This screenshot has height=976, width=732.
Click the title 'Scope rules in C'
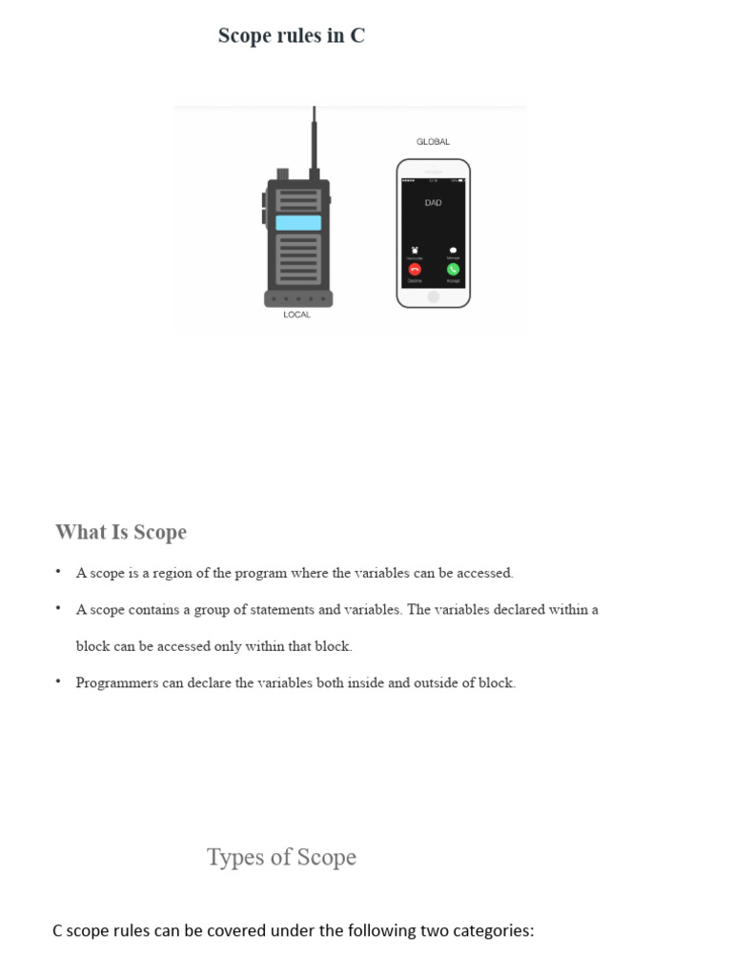click(291, 36)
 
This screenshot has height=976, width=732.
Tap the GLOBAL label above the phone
click(433, 142)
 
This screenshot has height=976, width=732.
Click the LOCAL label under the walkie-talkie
click(296, 315)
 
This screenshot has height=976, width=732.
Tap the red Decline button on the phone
click(415, 270)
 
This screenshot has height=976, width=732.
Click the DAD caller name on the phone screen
click(433, 203)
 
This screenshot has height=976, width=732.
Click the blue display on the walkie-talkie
click(298, 223)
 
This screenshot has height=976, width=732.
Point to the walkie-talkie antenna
click(314, 138)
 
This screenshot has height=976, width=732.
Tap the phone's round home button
click(433, 296)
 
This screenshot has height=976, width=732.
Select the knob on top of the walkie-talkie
click(283, 173)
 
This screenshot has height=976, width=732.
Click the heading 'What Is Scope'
click(121, 532)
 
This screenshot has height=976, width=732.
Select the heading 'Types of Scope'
click(281, 857)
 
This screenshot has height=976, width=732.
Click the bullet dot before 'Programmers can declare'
click(58, 681)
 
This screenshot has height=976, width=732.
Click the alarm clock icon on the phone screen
click(415, 250)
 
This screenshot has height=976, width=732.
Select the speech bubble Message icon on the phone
click(453, 250)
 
